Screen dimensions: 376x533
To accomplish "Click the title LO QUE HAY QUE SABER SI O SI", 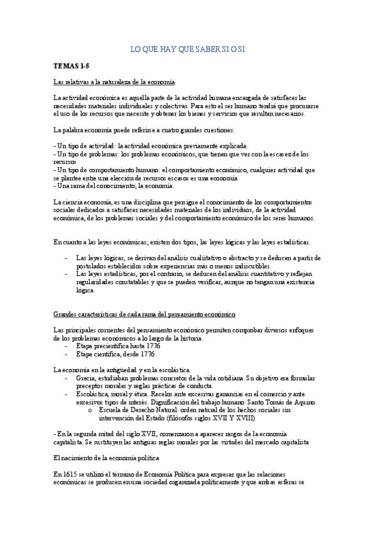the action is tap(187, 48).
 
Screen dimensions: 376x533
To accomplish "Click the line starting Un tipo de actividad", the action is tap(151, 145).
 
